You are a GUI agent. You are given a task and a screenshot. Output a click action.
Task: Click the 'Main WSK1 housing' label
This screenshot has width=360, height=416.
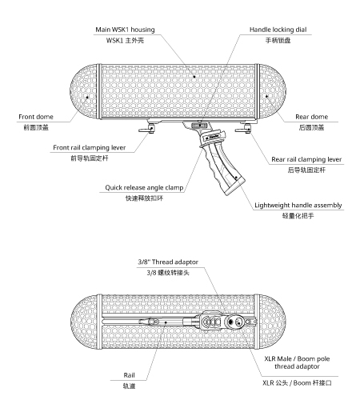point(125,30)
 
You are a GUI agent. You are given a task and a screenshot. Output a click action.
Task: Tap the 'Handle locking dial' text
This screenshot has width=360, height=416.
point(278,30)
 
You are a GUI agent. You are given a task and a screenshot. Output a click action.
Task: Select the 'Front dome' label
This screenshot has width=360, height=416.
point(36,117)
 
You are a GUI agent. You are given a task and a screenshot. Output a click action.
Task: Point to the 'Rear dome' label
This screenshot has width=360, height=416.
point(311,117)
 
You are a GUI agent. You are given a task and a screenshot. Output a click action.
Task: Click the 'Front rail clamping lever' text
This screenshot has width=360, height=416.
point(90,147)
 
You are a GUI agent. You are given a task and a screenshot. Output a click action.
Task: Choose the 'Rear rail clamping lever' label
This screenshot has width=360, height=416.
point(306,159)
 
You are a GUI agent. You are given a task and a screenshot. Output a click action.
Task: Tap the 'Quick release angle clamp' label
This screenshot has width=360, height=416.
point(144,187)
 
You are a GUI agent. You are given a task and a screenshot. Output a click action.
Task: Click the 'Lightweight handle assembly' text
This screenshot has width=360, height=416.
point(298,205)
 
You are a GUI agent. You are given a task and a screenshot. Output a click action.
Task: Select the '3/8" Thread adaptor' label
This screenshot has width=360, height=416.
point(168,262)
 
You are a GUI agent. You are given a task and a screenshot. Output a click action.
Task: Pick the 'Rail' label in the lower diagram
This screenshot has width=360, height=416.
point(129,375)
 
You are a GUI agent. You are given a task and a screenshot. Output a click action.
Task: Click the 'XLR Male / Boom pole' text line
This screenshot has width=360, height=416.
point(297,358)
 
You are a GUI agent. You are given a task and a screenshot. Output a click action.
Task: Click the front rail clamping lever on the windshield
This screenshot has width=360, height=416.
point(146,129)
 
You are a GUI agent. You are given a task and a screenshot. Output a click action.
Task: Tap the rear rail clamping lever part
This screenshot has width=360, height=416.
point(243,129)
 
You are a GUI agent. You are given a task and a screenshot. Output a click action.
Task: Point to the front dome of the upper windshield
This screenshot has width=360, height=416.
point(83,91)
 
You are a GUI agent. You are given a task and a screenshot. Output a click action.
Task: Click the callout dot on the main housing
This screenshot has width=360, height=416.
point(194,77)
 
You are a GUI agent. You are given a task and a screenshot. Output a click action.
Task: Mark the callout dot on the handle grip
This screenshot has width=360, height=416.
point(236,178)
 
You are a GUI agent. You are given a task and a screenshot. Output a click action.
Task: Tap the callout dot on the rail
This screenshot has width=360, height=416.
point(166,322)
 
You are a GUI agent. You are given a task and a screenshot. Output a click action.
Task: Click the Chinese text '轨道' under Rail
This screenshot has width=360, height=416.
point(129,386)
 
